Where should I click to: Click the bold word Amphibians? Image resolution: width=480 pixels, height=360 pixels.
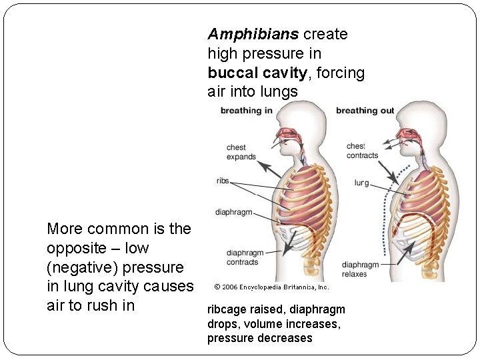pyautogui.click(x=253, y=34)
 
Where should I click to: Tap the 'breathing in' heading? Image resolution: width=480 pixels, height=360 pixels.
pyautogui.click(x=246, y=110)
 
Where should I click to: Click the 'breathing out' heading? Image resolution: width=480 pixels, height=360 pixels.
pyautogui.click(x=365, y=110)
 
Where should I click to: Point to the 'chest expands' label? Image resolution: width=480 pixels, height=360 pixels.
pyautogui.click(x=241, y=152)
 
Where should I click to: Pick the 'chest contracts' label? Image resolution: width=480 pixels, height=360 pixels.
pyautogui.click(x=362, y=151)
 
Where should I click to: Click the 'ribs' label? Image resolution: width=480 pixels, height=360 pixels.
pyautogui.click(x=223, y=181)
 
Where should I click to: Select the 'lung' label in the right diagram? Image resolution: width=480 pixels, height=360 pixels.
pyautogui.click(x=361, y=182)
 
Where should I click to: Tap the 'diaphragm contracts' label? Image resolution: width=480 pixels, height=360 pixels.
pyautogui.click(x=245, y=257)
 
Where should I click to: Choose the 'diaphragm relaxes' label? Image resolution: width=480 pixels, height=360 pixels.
pyautogui.click(x=360, y=269)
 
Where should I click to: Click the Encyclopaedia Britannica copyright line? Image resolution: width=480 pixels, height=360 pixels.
pyautogui.click(x=271, y=287)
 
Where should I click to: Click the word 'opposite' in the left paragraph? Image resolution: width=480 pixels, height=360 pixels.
pyautogui.click(x=75, y=248)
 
